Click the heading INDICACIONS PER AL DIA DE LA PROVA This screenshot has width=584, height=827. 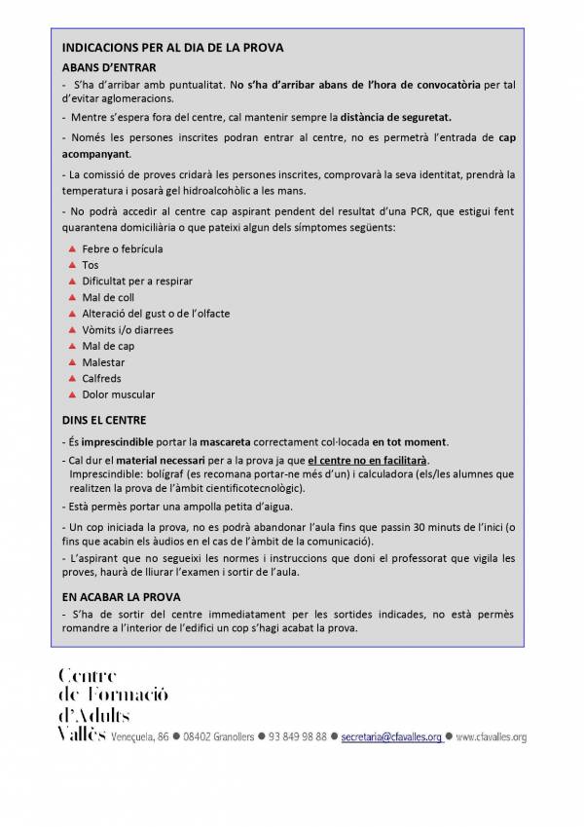coord(173,47)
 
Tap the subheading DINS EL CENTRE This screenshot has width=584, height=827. coord(104,421)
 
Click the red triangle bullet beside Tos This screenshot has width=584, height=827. coord(72,265)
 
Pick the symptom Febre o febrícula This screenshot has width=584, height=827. coord(123,249)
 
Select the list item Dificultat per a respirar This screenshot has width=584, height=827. coord(137,281)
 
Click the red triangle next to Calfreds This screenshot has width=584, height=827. coord(72,378)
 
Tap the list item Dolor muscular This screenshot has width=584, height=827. coord(118,395)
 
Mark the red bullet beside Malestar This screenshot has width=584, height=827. coord(72,362)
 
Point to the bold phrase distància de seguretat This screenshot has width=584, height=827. coord(395,117)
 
